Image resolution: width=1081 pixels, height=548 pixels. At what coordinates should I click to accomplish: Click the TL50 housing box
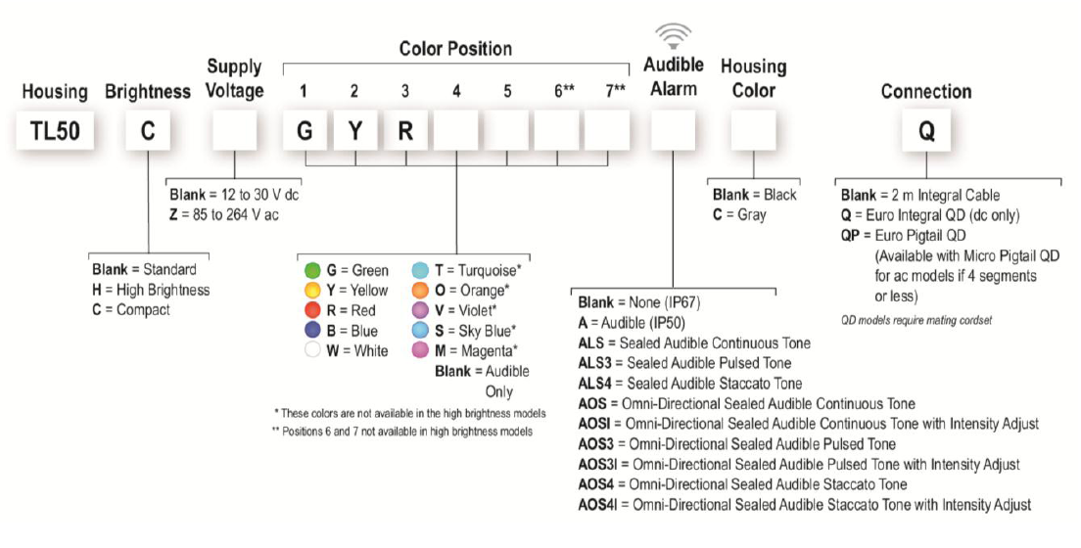pos(55,132)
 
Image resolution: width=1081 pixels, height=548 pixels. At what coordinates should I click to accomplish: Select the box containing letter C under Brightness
pos(148,132)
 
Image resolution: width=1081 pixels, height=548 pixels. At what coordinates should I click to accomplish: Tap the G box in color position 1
pos(305,132)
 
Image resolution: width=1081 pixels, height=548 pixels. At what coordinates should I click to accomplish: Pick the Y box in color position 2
pos(355,132)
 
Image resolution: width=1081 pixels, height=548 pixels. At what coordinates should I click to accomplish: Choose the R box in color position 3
pos(405,132)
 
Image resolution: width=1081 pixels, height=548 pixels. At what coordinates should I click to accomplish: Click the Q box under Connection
pos(924,132)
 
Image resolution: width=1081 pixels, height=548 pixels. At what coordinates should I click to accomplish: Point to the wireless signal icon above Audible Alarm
pos(672,37)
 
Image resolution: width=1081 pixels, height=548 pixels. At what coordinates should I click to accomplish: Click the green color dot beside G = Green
pos(312,270)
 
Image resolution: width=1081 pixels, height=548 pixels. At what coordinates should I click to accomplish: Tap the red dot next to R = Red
pos(312,310)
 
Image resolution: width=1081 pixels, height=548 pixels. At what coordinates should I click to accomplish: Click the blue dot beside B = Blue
pos(312,331)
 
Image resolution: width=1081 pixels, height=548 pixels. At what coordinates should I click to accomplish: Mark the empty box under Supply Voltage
pos(234,132)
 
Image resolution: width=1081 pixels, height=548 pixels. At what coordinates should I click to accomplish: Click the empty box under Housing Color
pos(753,132)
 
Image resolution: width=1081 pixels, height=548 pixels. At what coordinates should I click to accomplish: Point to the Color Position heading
pos(455,48)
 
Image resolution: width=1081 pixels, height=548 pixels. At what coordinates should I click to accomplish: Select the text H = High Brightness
pos(151,290)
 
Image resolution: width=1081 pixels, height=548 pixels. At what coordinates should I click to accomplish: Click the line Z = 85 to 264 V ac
pos(231,215)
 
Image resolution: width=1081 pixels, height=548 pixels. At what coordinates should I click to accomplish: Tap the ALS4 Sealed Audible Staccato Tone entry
pos(690,383)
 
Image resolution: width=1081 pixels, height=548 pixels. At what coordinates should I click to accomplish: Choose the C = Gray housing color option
pos(740,215)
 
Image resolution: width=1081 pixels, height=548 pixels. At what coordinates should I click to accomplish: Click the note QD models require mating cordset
pos(916,319)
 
